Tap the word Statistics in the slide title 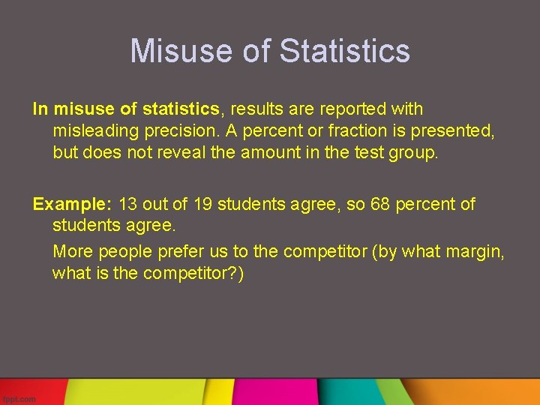pyautogui.click(x=344, y=51)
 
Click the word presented pyautogui.click(x=452, y=131)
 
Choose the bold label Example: pyautogui.click(x=73, y=204)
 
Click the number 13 pyautogui.click(x=128, y=204)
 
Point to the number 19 pyautogui.click(x=203, y=204)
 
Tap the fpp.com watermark pyautogui.click(x=19, y=399)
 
